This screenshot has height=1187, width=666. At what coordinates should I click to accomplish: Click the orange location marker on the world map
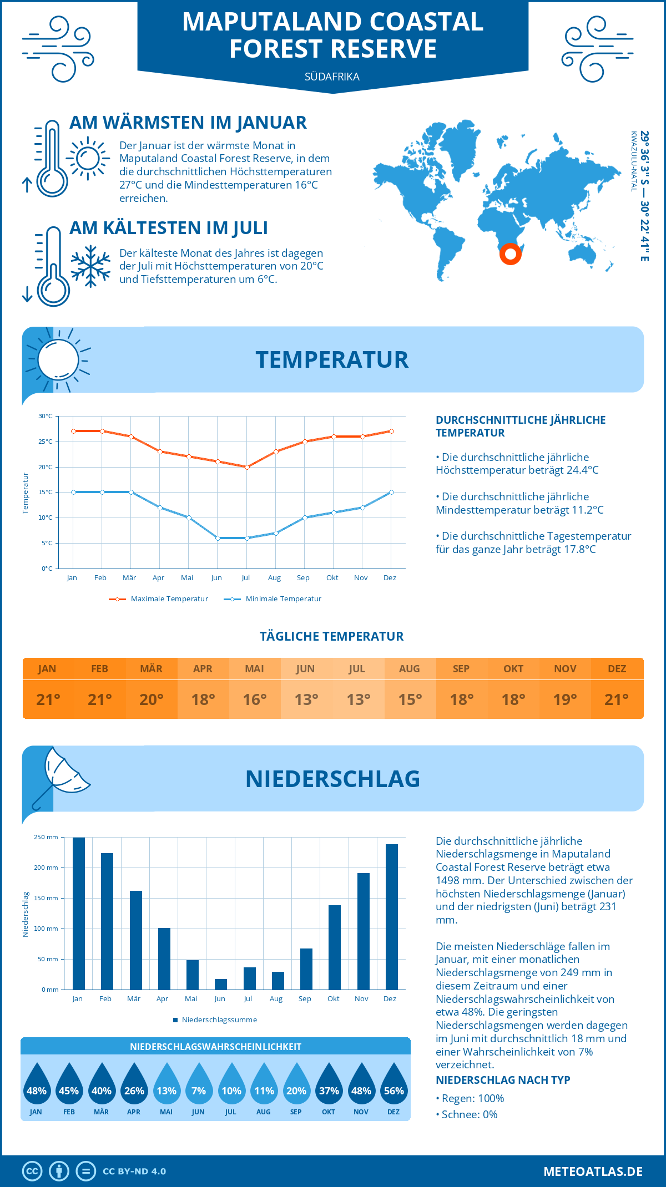click(x=510, y=254)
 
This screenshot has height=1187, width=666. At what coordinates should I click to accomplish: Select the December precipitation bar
click(x=392, y=916)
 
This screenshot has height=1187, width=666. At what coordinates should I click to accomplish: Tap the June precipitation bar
click(x=221, y=984)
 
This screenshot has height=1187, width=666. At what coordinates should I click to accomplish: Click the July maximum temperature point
click(x=247, y=467)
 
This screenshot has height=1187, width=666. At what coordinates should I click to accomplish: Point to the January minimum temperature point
click(x=73, y=492)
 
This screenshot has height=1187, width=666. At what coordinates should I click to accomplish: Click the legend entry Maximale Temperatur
click(x=159, y=599)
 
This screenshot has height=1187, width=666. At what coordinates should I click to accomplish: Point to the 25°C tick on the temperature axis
click(x=46, y=442)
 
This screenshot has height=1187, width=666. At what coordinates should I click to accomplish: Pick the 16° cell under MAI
click(x=255, y=699)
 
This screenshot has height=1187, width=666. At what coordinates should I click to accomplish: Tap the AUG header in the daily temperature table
click(x=409, y=669)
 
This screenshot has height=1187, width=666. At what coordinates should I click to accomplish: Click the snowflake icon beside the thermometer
click(x=90, y=266)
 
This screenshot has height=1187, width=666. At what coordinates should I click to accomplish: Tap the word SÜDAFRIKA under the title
click(x=332, y=77)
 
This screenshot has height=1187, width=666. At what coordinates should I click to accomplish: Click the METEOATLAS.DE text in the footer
click(x=593, y=1171)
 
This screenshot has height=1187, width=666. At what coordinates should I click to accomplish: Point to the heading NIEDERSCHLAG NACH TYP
click(x=503, y=1080)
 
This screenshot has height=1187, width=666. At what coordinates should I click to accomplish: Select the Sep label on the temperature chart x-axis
click(x=303, y=578)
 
